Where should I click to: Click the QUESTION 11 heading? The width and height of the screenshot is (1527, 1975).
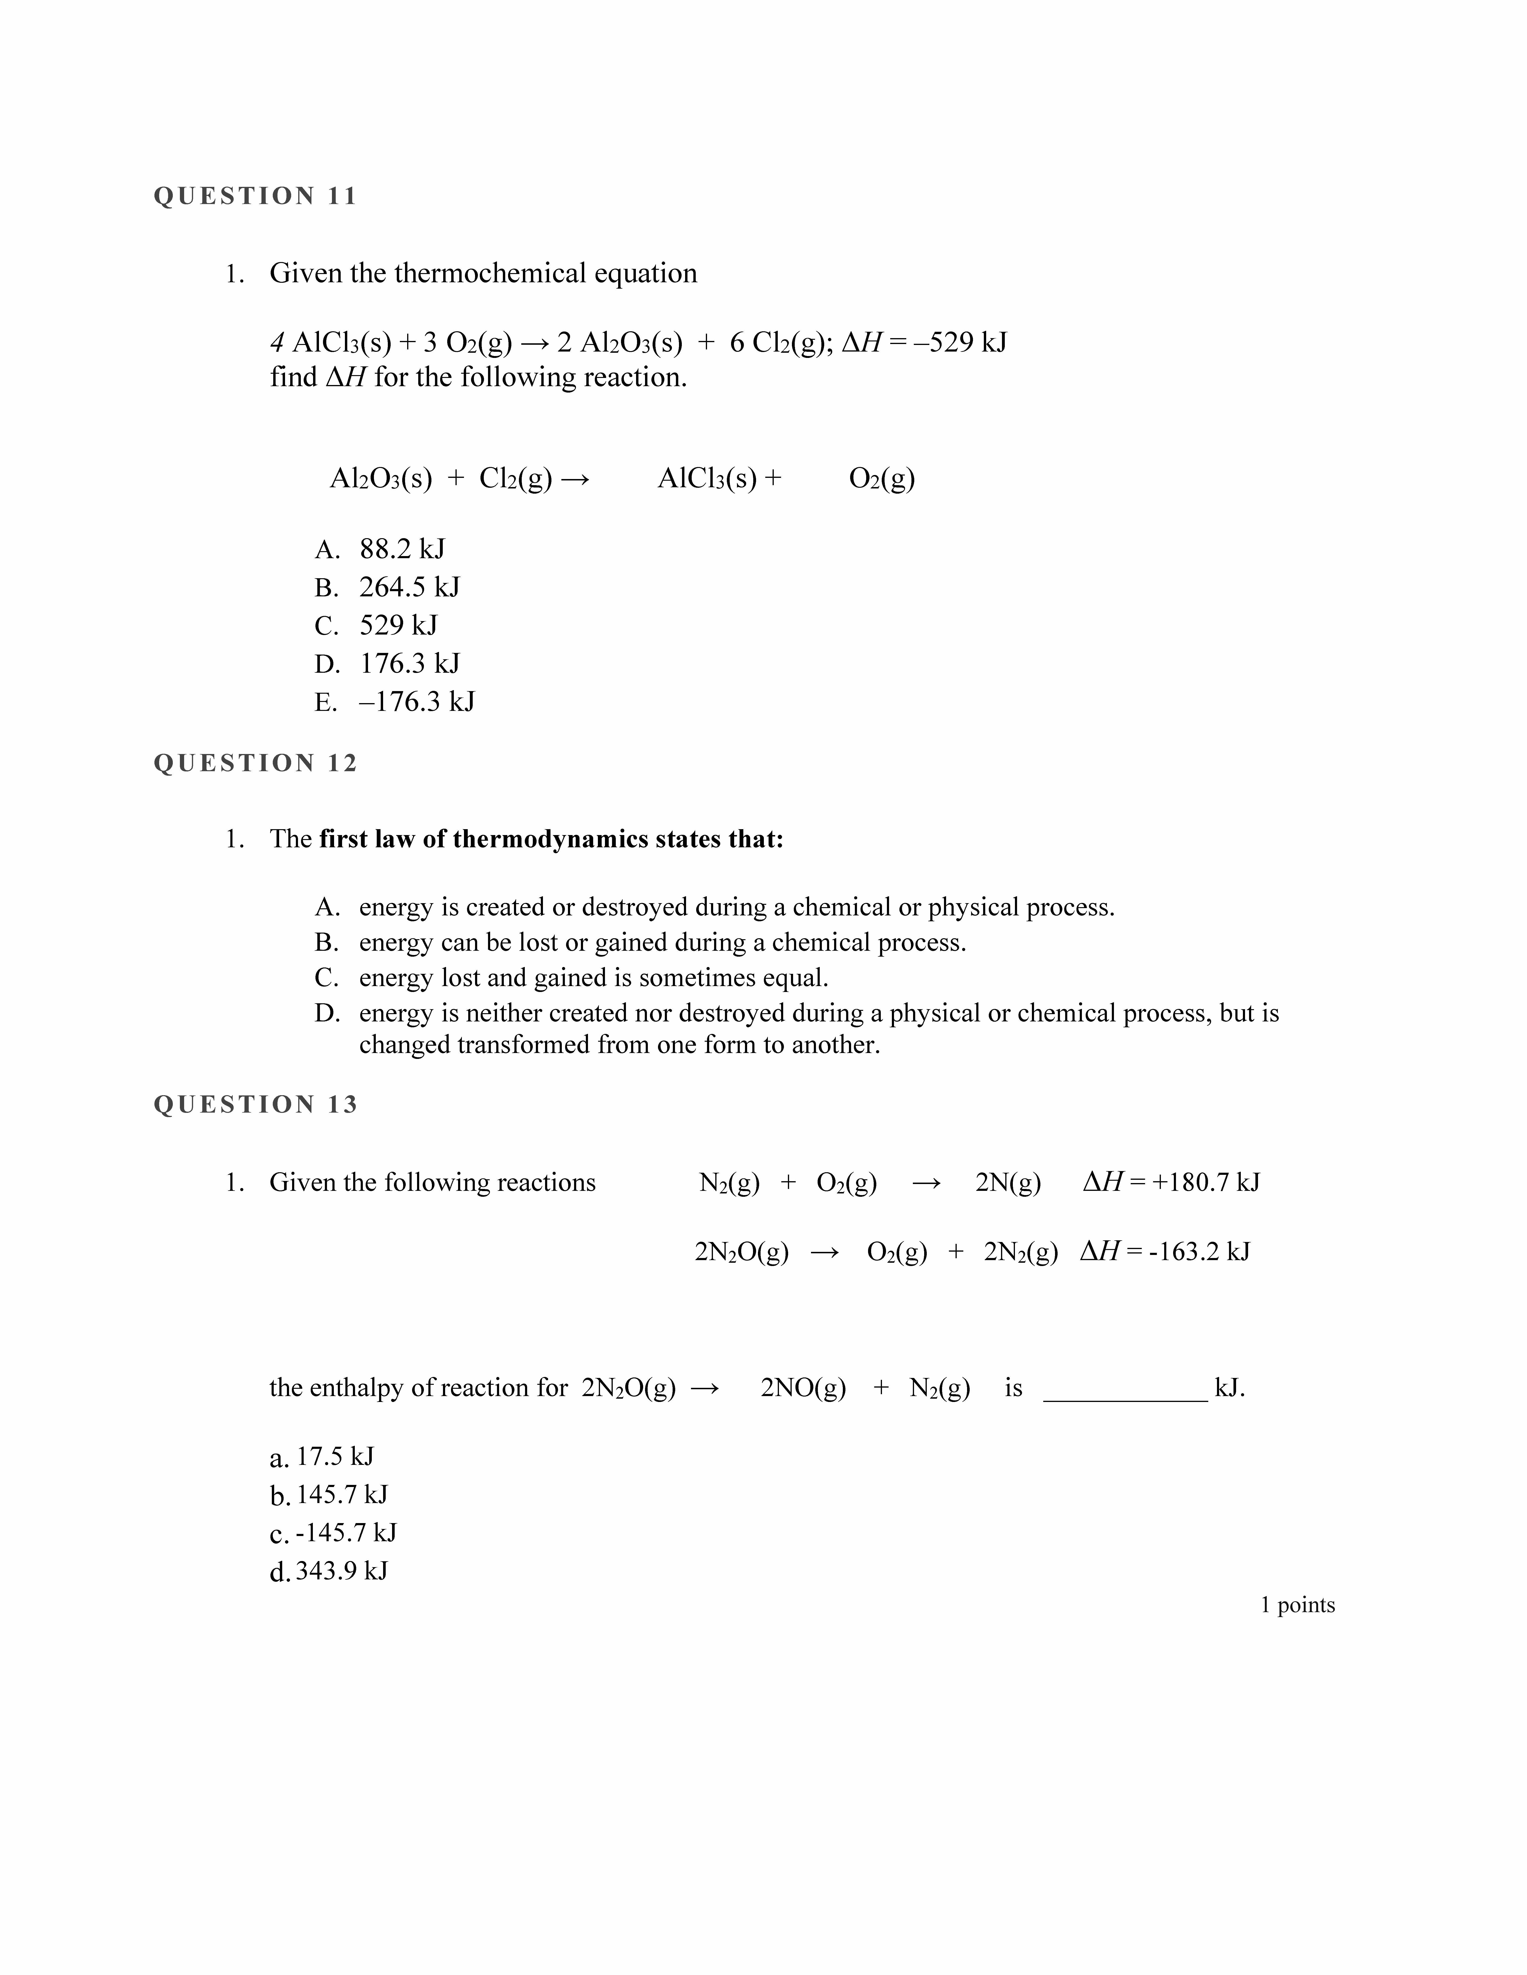coord(255,196)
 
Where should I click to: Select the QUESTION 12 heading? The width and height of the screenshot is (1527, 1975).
coord(255,763)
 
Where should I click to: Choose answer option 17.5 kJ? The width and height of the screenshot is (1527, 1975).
coord(335,1457)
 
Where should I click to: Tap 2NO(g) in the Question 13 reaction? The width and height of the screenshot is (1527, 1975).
coord(803,1388)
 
